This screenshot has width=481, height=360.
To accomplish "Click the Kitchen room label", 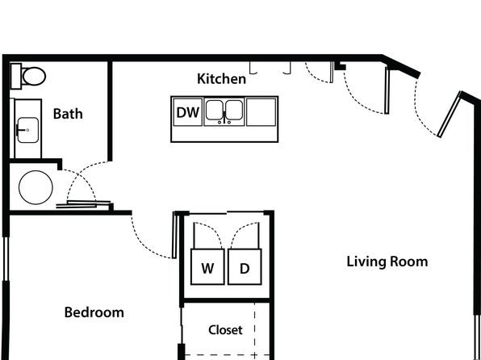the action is point(221,79).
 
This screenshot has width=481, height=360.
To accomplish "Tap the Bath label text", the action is point(68,114).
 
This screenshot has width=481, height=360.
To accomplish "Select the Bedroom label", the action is point(94,312).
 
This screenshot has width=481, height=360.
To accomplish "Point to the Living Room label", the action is point(387,262).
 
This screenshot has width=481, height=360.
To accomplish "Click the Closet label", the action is point(225,330).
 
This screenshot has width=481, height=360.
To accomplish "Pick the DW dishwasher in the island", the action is point(188,112).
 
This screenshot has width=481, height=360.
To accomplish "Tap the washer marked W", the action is point(207,266).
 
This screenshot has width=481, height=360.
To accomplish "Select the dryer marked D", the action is point(245,266).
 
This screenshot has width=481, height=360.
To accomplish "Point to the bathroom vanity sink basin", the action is point(28,130).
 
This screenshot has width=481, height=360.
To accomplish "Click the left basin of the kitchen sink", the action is point(214,110).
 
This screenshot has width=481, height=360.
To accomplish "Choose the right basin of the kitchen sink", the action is point(234,110).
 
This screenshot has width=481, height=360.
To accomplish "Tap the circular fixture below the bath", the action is point(36,187).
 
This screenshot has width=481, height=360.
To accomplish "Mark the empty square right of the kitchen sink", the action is point(261,112).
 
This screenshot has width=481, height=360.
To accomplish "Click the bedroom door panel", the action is point(174,235).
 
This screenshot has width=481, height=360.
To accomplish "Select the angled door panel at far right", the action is point(450,115).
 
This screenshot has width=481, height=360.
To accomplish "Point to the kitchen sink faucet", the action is point(224,119).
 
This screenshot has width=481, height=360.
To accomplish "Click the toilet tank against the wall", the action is point(16,76).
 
